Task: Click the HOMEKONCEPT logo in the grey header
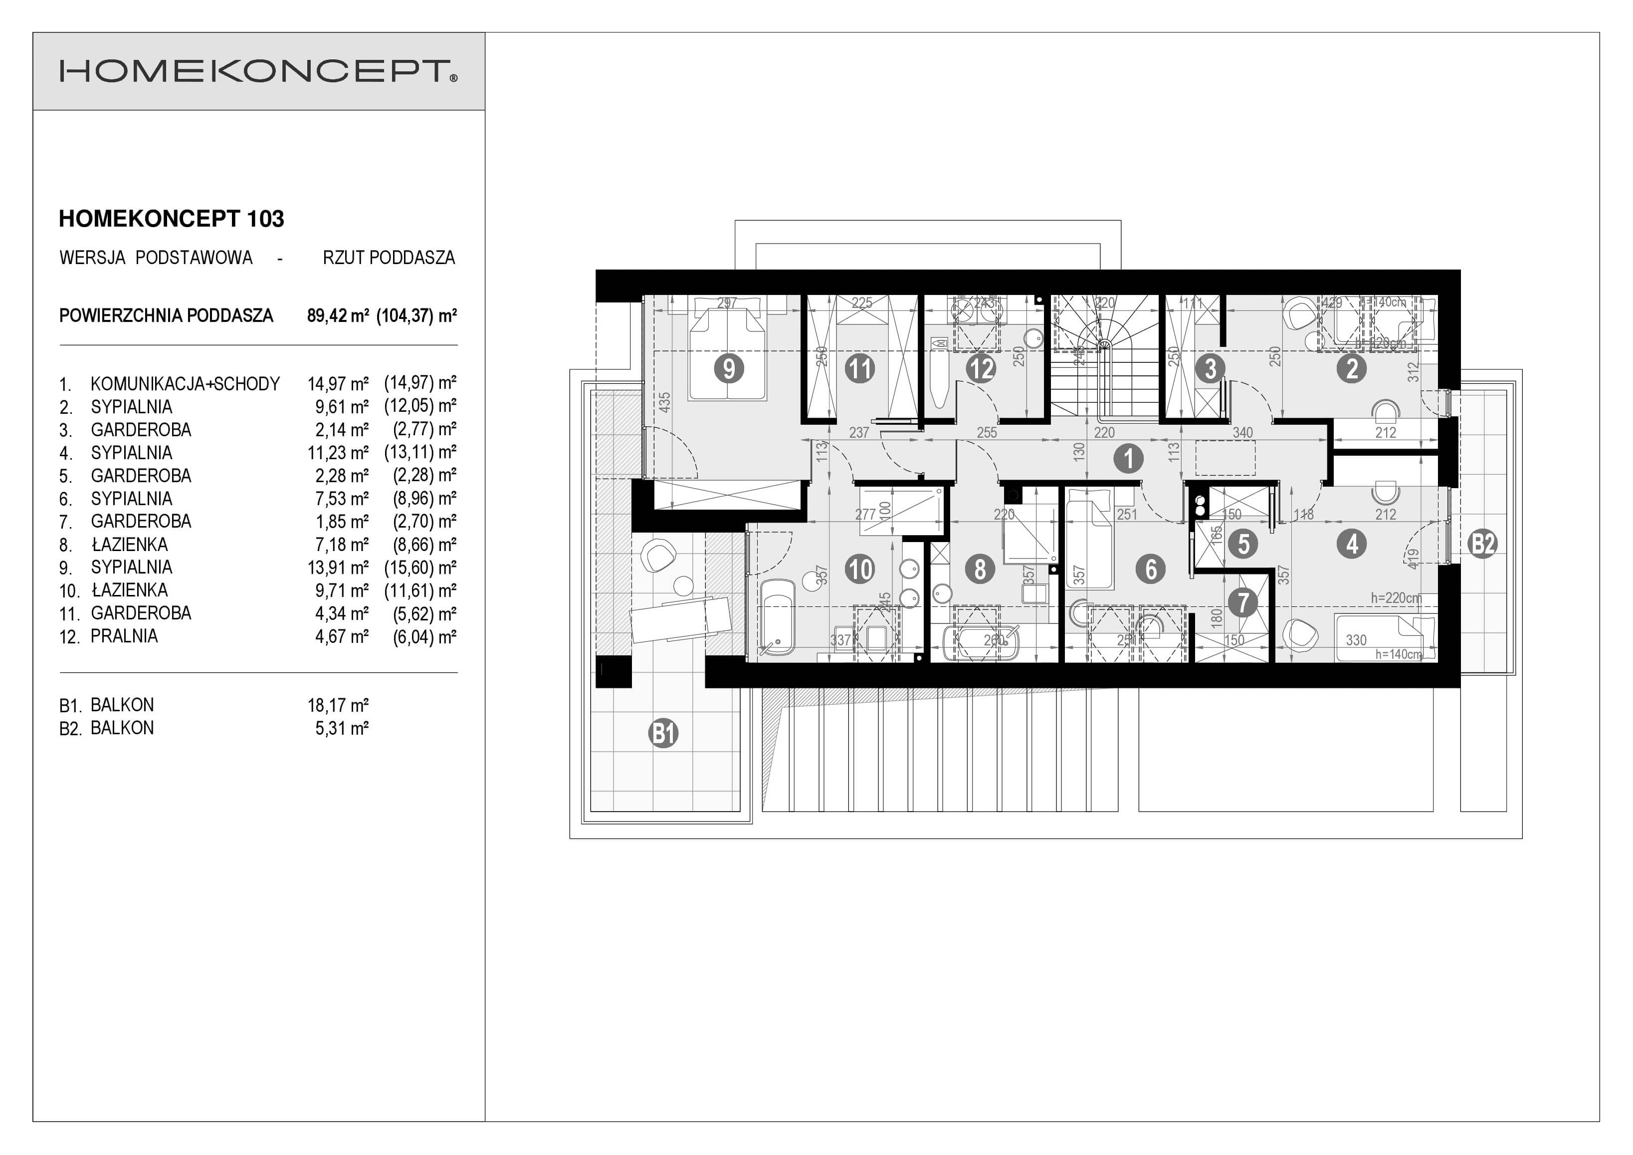(258, 71)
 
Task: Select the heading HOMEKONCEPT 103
(172, 219)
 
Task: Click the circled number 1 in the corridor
(1128, 458)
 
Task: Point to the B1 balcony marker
(663, 733)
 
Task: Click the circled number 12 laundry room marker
(980, 369)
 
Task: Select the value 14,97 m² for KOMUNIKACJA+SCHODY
(338, 384)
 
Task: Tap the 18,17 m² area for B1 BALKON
(338, 705)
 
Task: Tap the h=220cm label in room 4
(1396, 598)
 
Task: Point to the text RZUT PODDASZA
(389, 258)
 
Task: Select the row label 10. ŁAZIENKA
(114, 590)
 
